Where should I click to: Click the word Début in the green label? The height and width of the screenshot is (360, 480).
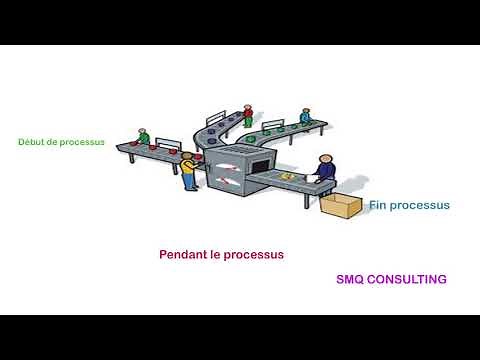click(x=30, y=142)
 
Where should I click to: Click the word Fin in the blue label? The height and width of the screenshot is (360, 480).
click(x=377, y=205)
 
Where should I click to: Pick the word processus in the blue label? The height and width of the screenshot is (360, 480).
click(x=420, y=205)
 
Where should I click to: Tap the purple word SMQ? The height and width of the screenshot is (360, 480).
click(x=351, y=280)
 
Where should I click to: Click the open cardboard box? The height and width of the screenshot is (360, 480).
click(x=341, y=206)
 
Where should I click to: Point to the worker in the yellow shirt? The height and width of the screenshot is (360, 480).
click(x=188, y=170)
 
